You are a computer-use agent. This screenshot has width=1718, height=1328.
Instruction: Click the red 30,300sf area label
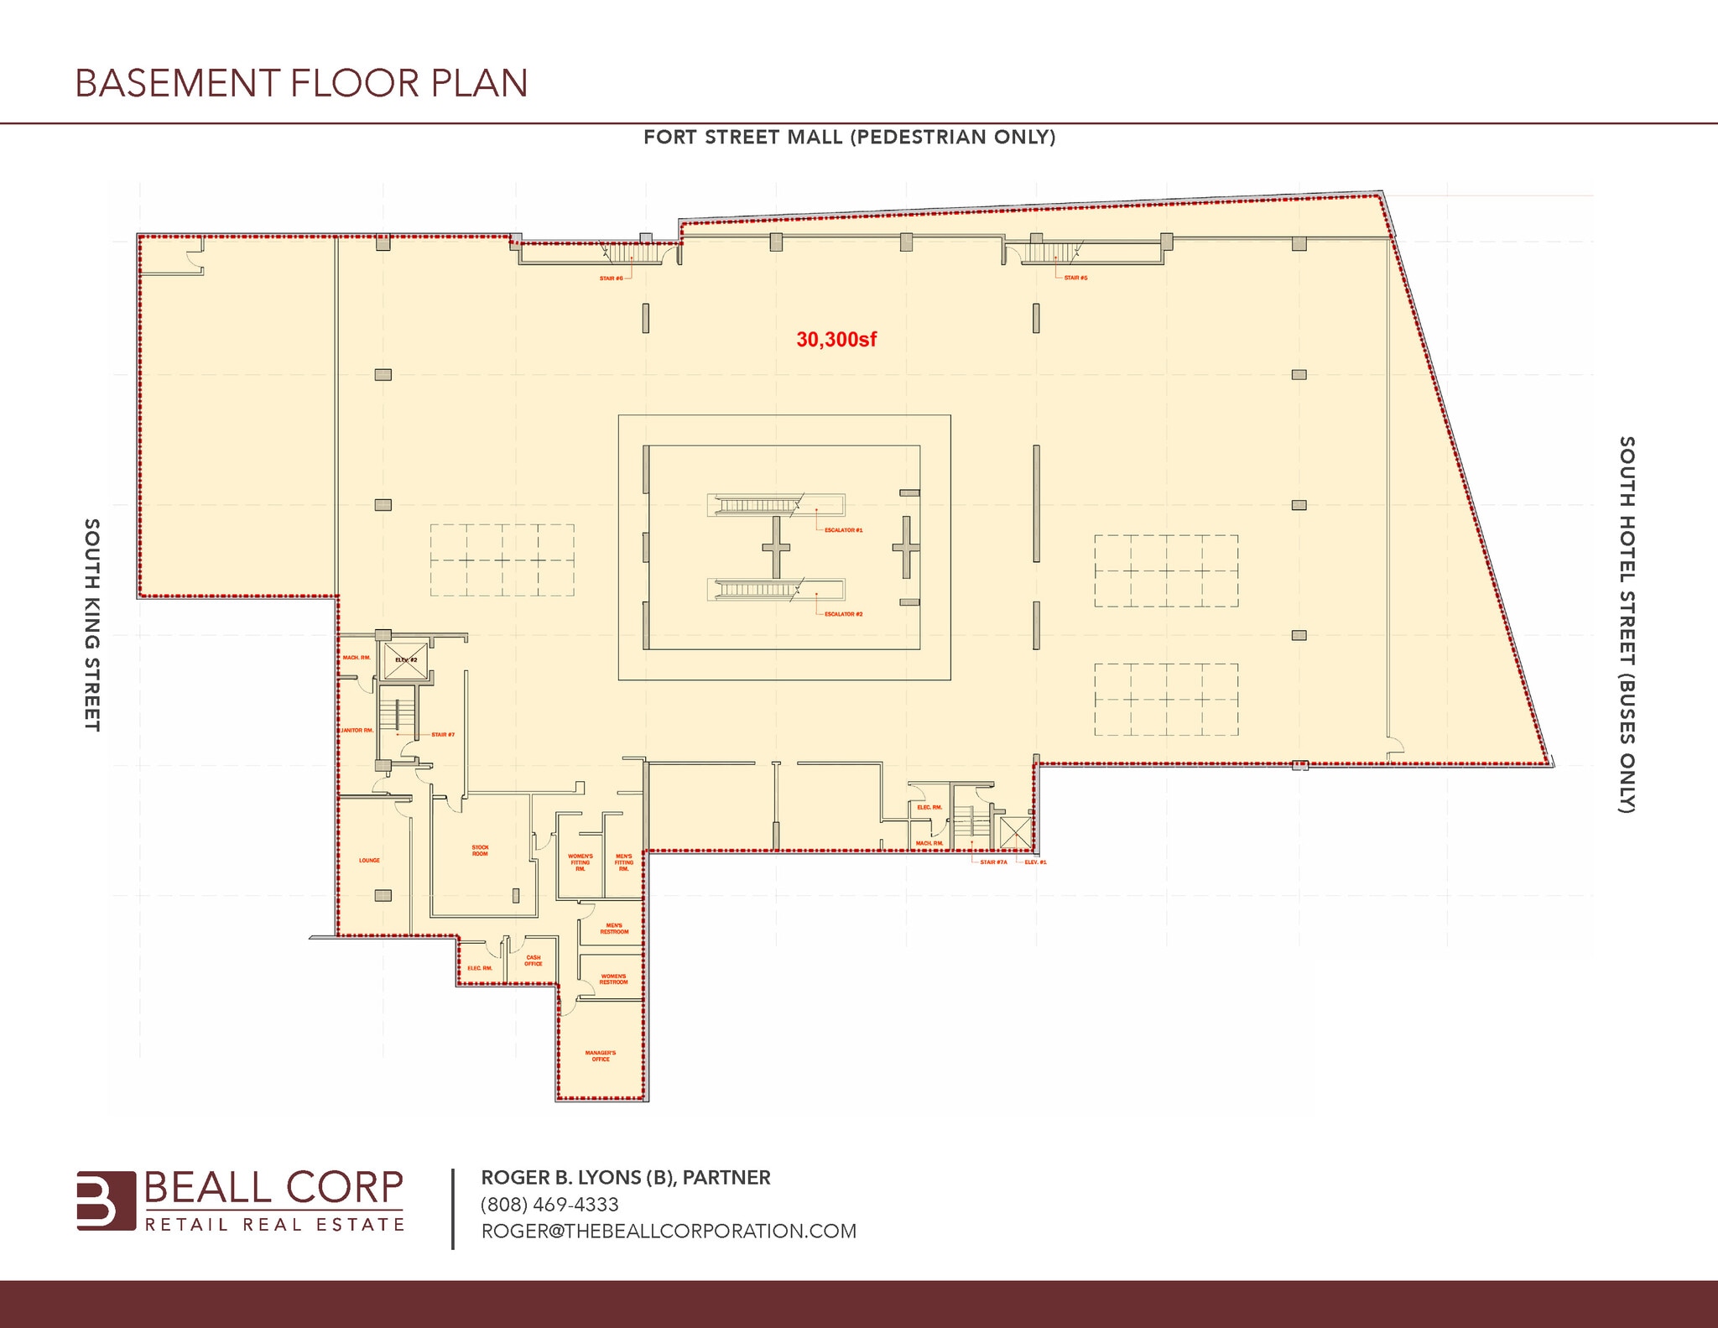[836, 340]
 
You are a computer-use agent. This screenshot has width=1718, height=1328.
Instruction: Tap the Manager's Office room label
[601, 1056]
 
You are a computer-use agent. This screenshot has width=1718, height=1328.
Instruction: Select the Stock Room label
[480, 851]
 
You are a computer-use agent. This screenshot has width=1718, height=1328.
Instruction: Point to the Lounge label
[369, 861]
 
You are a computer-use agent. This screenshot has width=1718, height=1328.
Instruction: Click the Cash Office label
[534, 961]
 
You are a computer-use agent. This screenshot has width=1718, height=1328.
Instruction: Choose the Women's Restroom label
[613, 979]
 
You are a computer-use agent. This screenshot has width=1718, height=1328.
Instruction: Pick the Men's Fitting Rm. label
[623, 862]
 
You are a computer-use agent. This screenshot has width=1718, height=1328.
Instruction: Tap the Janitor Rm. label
[357, 731]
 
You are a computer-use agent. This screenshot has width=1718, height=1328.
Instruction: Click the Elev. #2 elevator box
[406, 661]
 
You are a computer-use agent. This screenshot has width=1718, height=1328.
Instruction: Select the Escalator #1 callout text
[843, 530]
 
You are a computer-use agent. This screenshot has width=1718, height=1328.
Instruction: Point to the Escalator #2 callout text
[843, 614]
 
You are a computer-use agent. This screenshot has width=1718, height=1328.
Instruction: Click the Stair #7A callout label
[993, 862]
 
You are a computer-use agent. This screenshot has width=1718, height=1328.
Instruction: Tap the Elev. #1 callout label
[1035, 862]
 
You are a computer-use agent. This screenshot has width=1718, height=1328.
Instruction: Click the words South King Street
[92, 625]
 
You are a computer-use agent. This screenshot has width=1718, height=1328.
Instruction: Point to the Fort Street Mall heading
[849, 138]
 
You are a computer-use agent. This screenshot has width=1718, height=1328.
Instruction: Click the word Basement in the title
[177, 84]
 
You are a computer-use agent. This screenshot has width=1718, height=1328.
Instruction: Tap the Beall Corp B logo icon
[106, 1200]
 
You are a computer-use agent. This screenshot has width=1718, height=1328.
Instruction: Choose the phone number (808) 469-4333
[549, 1205]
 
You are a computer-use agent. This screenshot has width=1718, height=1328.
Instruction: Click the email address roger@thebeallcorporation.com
[669, 1231]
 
